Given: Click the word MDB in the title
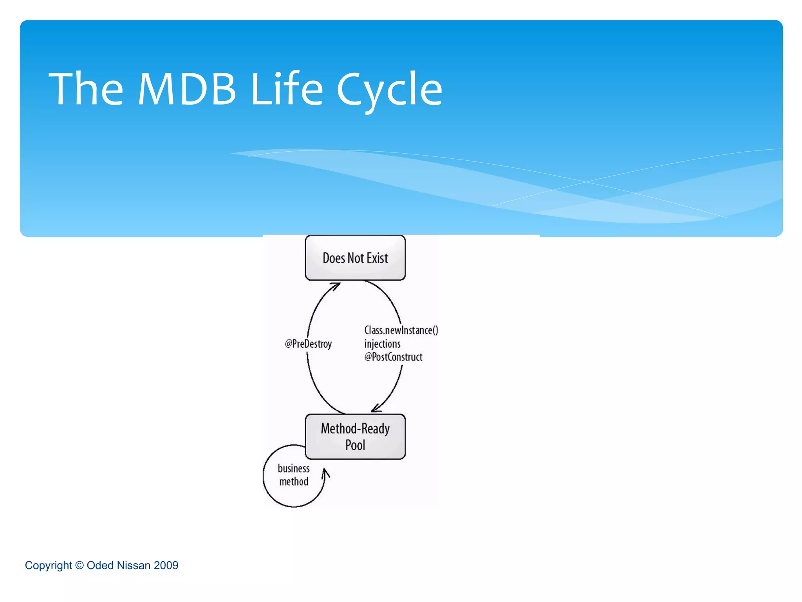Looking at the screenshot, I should [x=187, y=89].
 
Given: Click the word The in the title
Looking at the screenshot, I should [x=86, y=89].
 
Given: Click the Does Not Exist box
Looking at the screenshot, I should [x=355, y=258].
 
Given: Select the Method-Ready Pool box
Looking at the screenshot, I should [x=355, y=436].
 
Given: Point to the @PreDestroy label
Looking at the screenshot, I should [x=308, y=344].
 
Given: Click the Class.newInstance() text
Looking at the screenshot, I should [x=401, y=330].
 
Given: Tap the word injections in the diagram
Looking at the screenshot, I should [x=382, y=344].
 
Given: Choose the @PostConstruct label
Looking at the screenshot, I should [x=393, y=357].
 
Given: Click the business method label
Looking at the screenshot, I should [x=294, y=475].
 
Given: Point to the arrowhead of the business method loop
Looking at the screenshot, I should [x=325, y=473].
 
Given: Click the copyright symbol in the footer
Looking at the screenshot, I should [x=79, y=565].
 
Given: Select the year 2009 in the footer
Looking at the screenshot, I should [x=166, y=565].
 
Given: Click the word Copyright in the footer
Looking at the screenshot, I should [x=48, y=565].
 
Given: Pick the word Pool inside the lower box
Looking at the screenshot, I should [x=355, y=445].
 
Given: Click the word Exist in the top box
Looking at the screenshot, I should [x=377, y=258].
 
